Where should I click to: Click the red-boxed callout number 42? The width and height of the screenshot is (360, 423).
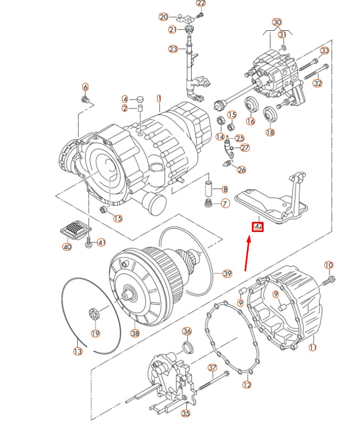click(x=258, y=226)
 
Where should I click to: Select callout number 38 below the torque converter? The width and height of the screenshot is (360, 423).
click(x=135, y=334)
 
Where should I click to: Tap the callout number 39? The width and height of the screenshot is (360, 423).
click(x=227, y=274)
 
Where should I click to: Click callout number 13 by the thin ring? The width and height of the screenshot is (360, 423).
click(x=78, y=352)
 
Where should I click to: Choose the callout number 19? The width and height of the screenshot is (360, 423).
click(x=95, y=334)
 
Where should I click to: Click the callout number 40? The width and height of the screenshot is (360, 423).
click(x=67, y=247)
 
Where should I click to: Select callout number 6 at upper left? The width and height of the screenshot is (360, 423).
click(x=85, y=87)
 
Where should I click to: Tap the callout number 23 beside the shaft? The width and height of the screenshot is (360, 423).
click(x=173, y=49)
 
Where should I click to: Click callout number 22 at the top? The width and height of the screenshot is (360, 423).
click(x=201, y=4)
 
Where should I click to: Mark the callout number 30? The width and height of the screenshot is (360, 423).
click(x=276, y=22)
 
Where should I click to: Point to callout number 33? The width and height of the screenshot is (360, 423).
click(x=324, y=51)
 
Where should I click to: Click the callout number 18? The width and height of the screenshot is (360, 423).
click(x=270, y=132)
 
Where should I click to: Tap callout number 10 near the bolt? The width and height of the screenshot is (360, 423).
click(x=329, y=265)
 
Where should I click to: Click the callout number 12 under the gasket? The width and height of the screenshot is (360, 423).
click(x=247, y=384)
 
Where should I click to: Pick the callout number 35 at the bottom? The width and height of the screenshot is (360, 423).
click(x=185, y=413)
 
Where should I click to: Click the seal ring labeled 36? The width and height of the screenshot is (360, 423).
click(x=188, y=347)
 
